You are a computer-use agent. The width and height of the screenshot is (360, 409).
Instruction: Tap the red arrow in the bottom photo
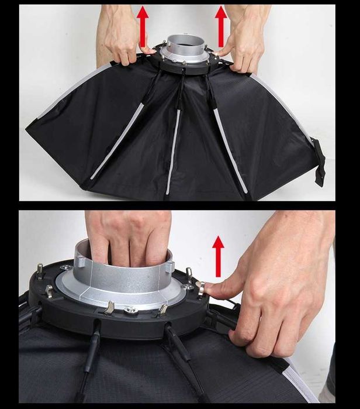point(218,255)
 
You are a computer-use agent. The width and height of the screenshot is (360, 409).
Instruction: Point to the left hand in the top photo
point(122,35)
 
